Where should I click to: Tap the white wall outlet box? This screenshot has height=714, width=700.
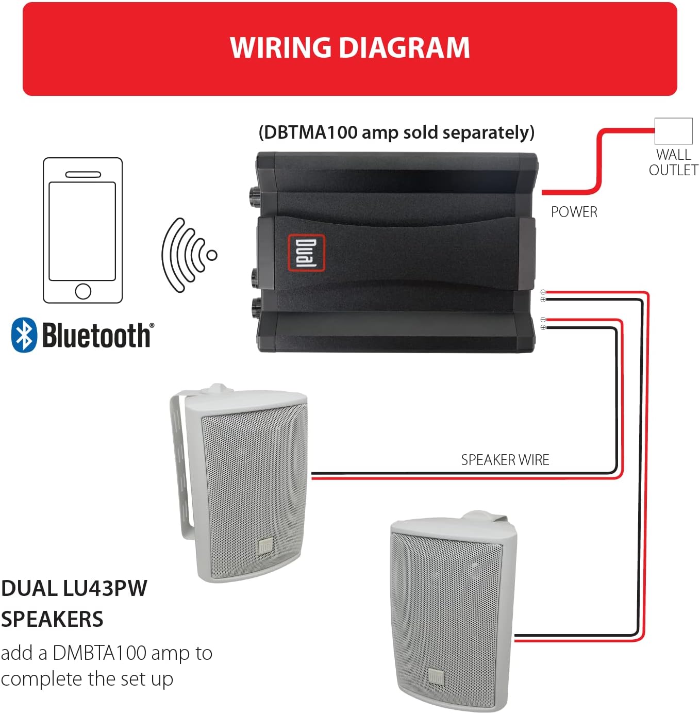[673, 131]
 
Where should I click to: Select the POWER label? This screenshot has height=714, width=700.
[574, 212]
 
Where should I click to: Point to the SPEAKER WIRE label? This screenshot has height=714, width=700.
[505, 460]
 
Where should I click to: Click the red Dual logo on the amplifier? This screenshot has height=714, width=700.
[307, 253]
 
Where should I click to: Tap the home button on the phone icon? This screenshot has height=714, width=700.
[83, 291]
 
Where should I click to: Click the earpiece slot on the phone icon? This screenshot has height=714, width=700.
[83, 175]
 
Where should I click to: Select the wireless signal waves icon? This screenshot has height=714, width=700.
[189, 255]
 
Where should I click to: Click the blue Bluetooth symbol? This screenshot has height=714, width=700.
[24, 335]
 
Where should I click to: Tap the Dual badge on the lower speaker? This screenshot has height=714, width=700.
[436, 677]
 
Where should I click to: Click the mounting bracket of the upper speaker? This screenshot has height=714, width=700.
[181, 463]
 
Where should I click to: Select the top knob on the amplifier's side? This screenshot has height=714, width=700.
[255, 195]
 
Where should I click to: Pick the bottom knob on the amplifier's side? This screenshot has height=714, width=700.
[255, 308]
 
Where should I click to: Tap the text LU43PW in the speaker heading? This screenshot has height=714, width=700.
[105, 588]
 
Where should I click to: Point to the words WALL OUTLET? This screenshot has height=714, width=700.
[673, 162]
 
